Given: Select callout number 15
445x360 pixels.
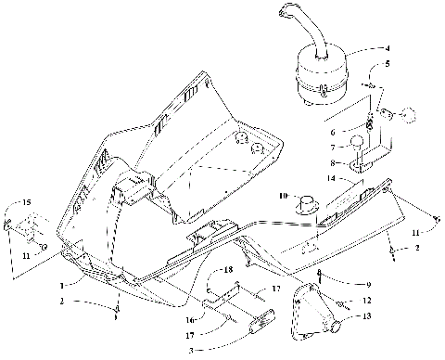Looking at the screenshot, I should coord(27,202).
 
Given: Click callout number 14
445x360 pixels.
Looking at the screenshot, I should coord(356,177).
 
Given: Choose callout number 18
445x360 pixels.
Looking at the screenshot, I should coord(226,269).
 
